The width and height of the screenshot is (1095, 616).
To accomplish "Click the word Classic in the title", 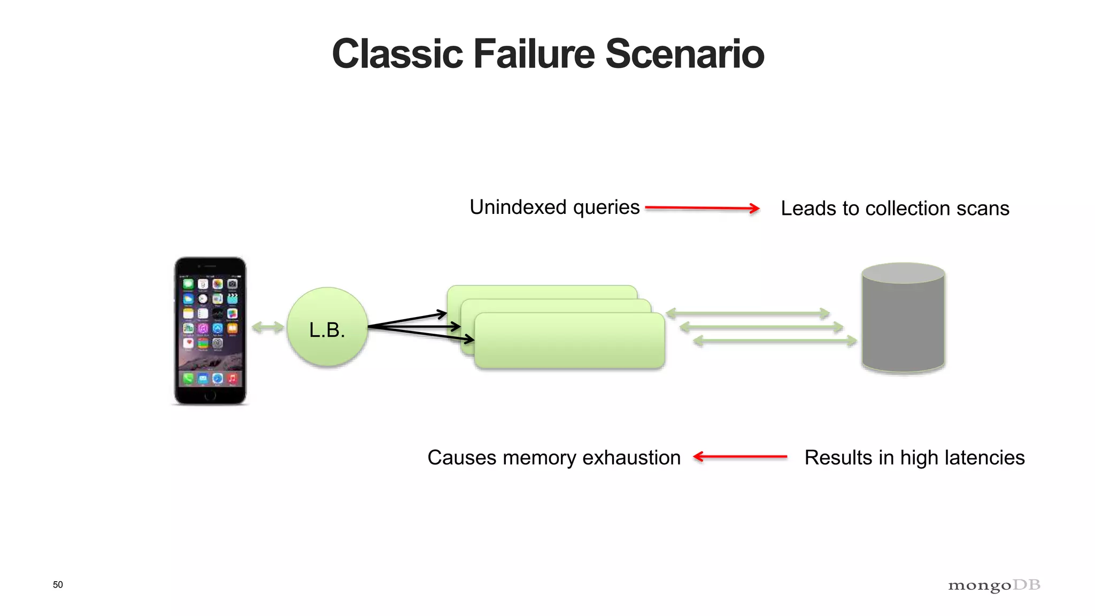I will (x=397, y=54).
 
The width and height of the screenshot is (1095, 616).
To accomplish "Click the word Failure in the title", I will (x=534, y=54).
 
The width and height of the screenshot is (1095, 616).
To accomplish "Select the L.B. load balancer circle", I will (x=327, y=327).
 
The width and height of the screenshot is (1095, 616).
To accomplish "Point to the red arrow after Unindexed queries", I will (x=702, y=208).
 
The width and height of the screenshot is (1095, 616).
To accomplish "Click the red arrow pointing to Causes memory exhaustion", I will (x=740, y=457).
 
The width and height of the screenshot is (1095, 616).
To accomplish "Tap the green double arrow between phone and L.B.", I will (x=267, y=327).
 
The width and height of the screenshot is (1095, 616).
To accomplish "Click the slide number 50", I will (x=58, y=584).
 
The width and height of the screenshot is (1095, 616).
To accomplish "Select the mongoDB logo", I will (x=994, y=586).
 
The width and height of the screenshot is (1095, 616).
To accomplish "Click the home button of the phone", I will (x=210, y=396).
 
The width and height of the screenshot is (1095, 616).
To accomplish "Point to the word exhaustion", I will (x=631, y=458).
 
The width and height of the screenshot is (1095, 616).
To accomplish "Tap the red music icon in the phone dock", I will (x=232, y=379).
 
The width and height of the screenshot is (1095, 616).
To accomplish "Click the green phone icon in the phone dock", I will (x=188, y=379).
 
